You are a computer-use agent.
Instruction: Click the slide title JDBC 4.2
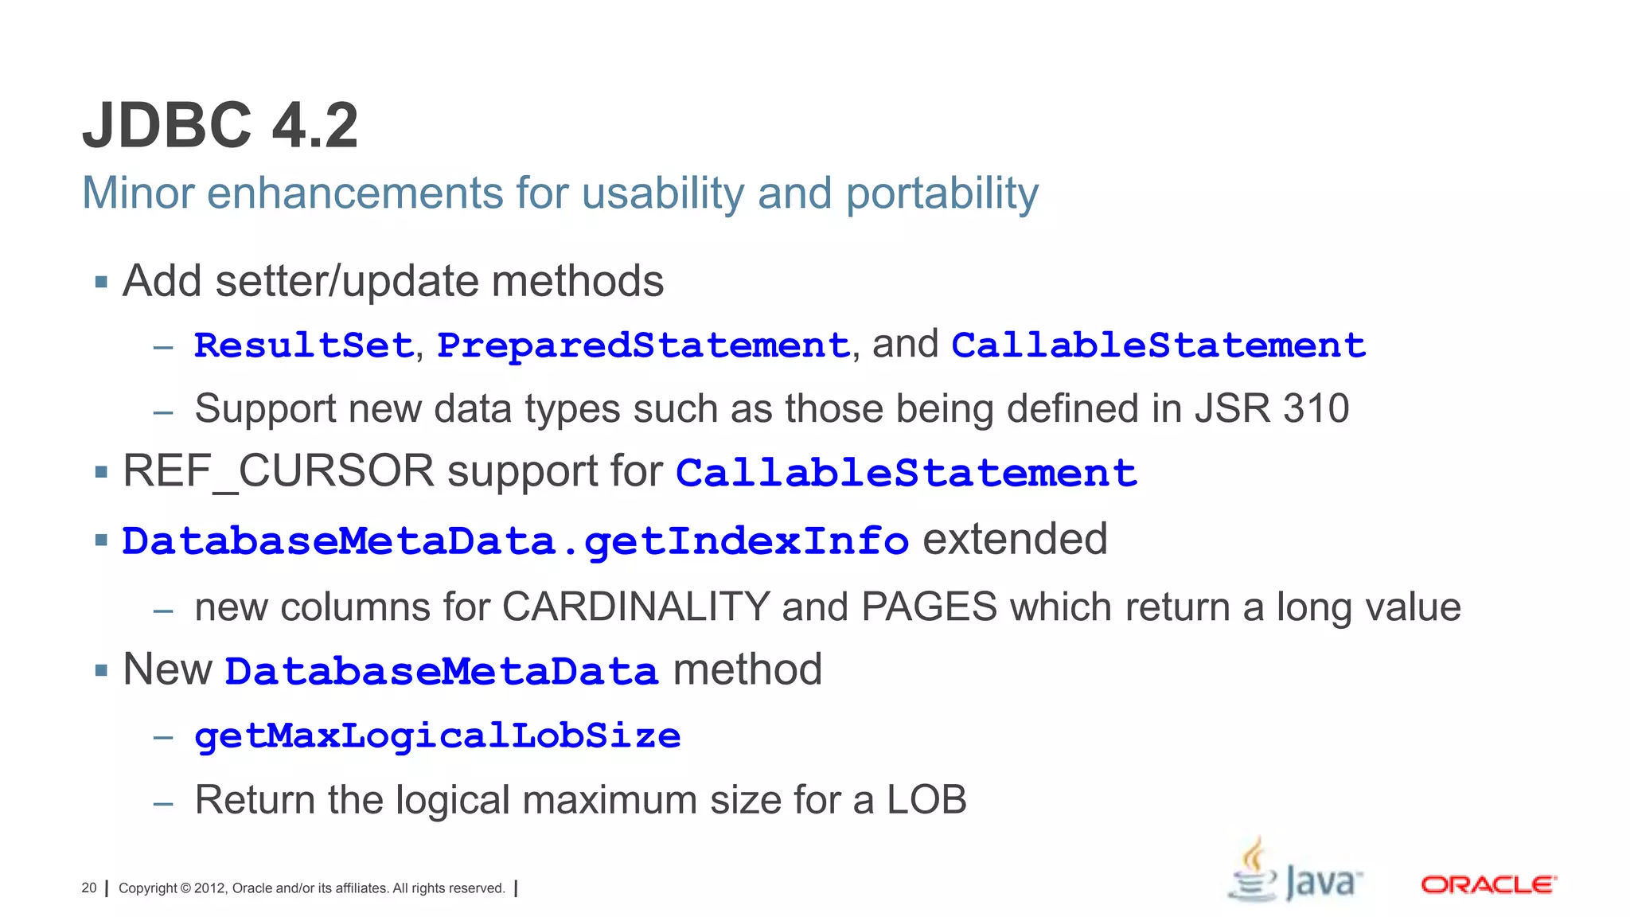220,126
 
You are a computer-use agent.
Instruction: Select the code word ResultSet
303,345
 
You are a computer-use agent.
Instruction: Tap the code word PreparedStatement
643,345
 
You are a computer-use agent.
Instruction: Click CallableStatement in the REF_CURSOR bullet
907,473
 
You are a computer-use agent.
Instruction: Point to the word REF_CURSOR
278,471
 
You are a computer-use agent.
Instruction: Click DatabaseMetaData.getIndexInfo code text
515,541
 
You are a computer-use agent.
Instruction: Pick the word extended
1015,539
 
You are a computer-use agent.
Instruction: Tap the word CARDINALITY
636,607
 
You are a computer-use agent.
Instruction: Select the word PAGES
929,607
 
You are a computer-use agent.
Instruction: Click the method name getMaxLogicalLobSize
438,736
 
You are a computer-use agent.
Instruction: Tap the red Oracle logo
1488,885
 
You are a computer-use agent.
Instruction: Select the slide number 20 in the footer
89,888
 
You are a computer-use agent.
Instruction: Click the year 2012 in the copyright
210,888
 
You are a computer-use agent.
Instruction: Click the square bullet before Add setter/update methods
100,282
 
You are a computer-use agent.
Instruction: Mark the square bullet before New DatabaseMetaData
100,670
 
